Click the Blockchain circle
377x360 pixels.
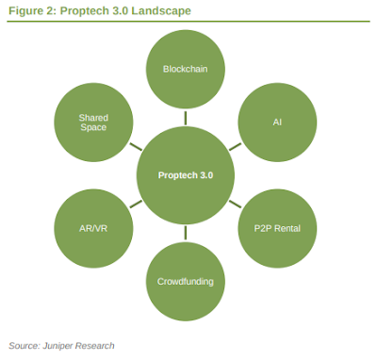(185, 70)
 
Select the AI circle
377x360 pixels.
(277, 123)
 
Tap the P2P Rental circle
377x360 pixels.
(277, 228)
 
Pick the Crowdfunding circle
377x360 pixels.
(185, 280)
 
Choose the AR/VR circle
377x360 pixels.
(93, 228)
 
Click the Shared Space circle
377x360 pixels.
(93, 123)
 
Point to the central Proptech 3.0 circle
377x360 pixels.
(185, 175)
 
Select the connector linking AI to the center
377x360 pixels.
(235, 147)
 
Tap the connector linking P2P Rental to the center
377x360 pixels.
(235, 204)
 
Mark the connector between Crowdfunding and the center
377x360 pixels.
(185, 233)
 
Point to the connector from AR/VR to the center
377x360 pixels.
(136, 204)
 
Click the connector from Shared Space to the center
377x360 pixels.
(136, 147)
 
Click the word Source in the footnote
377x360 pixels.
(24, 346)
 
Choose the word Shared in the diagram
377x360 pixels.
(93, 117)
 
